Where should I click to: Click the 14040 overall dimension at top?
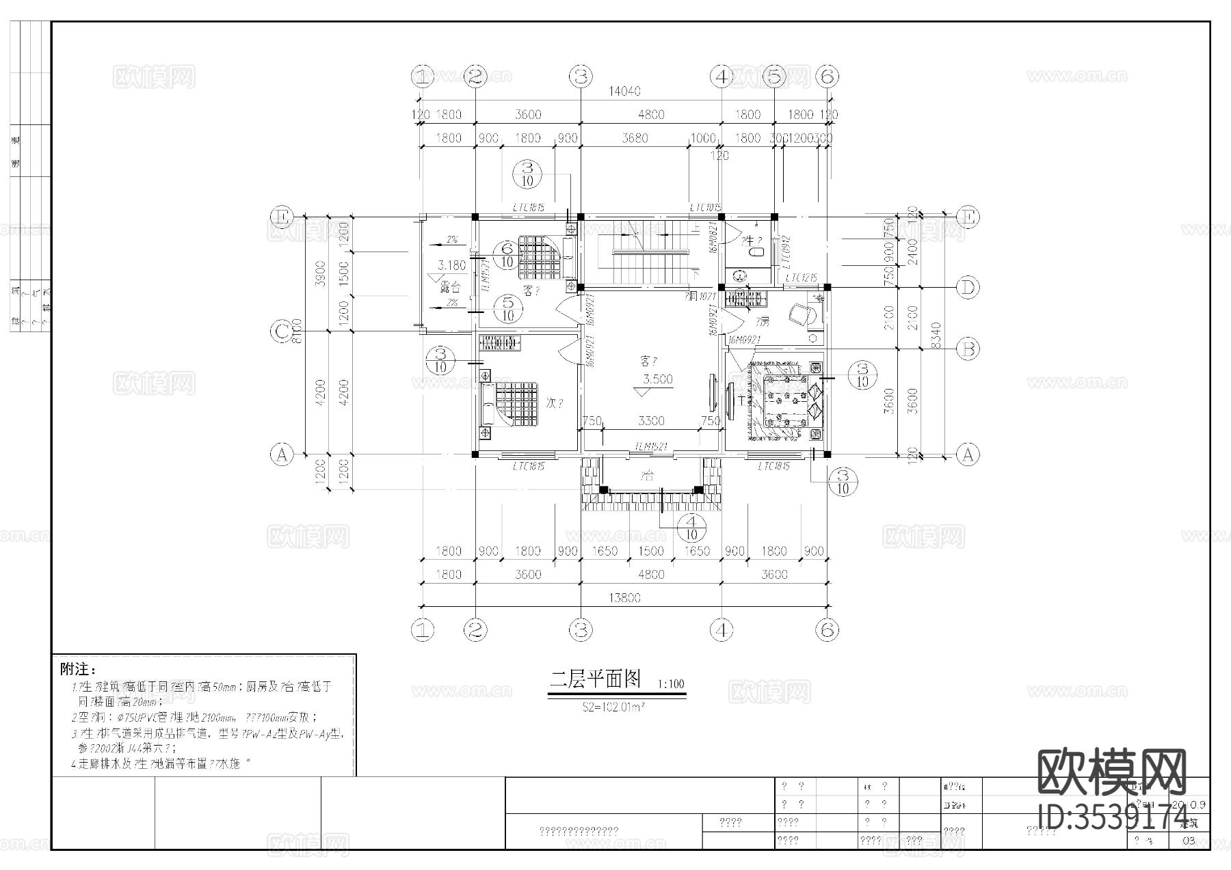coord(624,91)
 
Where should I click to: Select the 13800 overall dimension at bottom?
coord(624,598)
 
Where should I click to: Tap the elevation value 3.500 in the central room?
coord(657,379)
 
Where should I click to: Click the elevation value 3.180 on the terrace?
coord(451,265)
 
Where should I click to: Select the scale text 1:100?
coord(670,683)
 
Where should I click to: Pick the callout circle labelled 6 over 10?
coord(507,255)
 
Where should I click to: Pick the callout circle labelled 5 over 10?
coord(507,308)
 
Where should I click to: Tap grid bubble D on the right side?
coord(967,288)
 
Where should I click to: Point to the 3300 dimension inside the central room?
coord(650,421)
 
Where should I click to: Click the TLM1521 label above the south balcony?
coord(650,446)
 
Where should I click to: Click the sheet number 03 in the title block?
coord(1189,841)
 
